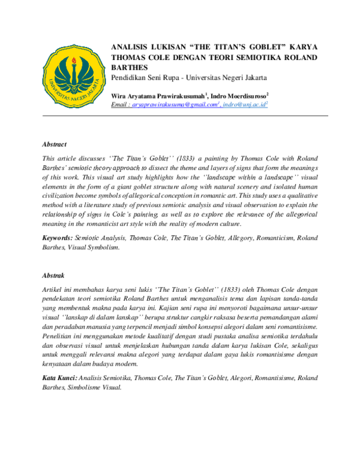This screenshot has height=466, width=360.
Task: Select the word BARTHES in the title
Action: pyautogui.click(x=130, y=67)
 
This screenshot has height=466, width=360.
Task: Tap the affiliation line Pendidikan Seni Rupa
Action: pyautogui.click(x=189, y=78)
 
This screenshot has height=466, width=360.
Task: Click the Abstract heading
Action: pyautogui.click(x=55, y=145)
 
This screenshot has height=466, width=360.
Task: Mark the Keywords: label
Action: pyautogui.click(x=58, y=238)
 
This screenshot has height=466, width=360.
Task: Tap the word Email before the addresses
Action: pyautogui.click(x=120, y=105)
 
